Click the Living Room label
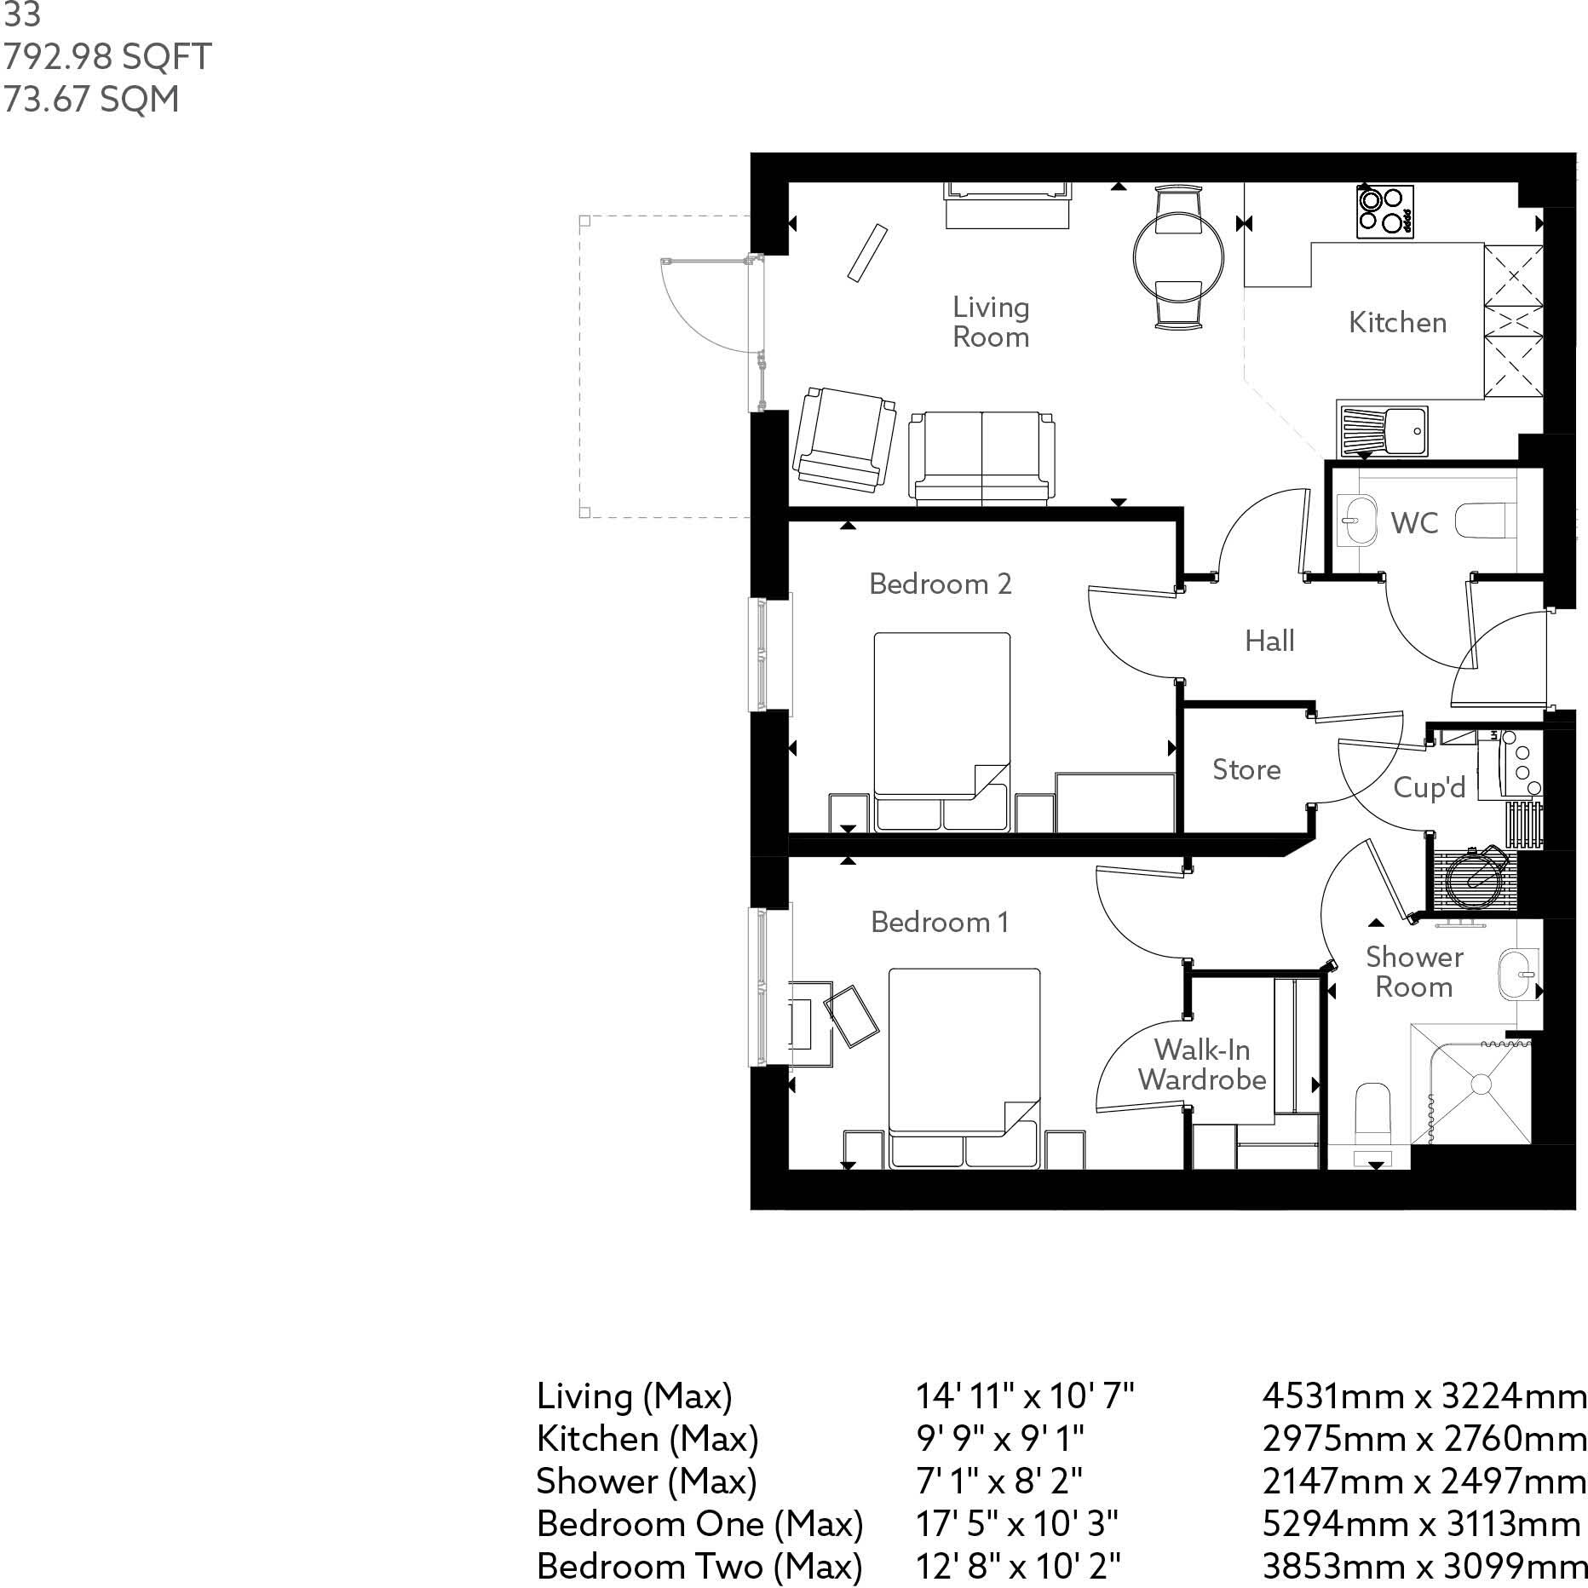991,322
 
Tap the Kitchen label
1398,322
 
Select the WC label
1414,522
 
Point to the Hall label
1269,641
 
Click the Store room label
1246,769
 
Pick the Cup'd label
1430,786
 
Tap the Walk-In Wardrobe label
1202,1064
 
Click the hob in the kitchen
1385,211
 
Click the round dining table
1179,255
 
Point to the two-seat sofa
982,457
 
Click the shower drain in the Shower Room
1481,1084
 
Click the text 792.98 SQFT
107,57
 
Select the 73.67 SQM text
92,100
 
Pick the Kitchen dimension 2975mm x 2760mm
1424,1439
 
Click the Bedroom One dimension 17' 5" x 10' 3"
1017,1524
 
